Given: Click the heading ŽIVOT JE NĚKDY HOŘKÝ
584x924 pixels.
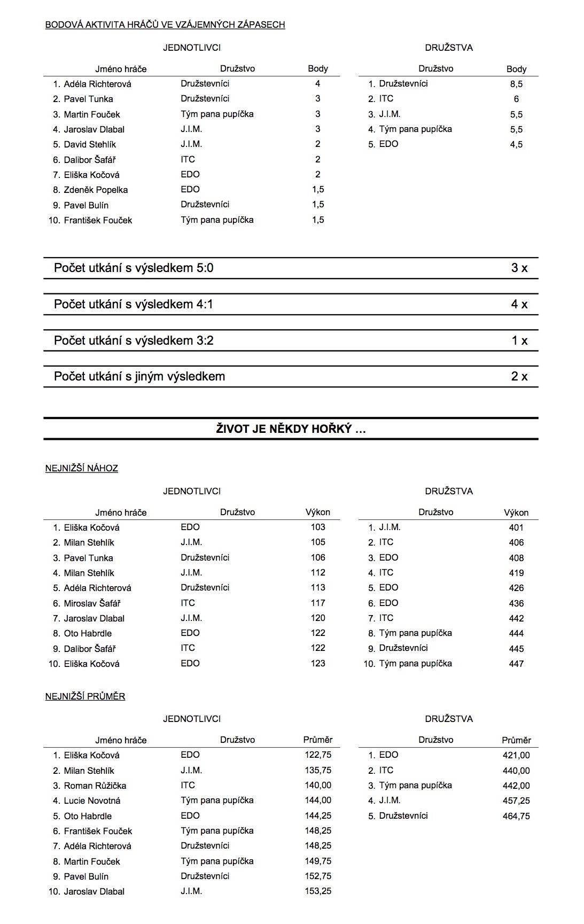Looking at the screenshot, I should (x=291, y=429).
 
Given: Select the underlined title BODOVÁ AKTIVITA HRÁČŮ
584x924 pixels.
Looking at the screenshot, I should (x=165, y=25).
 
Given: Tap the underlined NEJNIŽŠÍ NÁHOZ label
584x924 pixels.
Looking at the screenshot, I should (x=81, y=468).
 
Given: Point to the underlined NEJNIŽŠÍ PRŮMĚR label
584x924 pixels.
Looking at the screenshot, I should (x=85, y=696).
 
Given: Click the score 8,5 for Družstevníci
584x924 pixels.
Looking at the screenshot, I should (x=516, y=84).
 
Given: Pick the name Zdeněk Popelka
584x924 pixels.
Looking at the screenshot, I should (x=96, y=190).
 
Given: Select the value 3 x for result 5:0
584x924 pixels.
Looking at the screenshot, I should (x=519, y=268).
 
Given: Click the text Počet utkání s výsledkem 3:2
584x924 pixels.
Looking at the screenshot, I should (x=134, y=340).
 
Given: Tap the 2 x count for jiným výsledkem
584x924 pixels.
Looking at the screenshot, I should (x=519, y=376).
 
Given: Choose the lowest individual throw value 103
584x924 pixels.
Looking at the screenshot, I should (x=318, y=527).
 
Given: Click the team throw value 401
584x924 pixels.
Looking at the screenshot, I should (x=516, y=527).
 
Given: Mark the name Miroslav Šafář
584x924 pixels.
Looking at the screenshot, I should (x=92, y=603).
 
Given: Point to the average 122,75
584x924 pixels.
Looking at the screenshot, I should (x=317, y=755).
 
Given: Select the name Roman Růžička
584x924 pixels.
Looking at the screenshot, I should (x=95, y=786).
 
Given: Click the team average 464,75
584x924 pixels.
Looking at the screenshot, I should (x=516, y=816).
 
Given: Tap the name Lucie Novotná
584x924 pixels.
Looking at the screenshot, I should (x=92, y=801).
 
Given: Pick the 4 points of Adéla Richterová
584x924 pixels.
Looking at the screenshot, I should (x=318, y=83).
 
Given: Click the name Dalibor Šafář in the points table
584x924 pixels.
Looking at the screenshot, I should (x=90, y=160).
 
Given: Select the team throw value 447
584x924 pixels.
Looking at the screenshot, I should (x=516, y=664).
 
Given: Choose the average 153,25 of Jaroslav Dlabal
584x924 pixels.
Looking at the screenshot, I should (x=317, y=891).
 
